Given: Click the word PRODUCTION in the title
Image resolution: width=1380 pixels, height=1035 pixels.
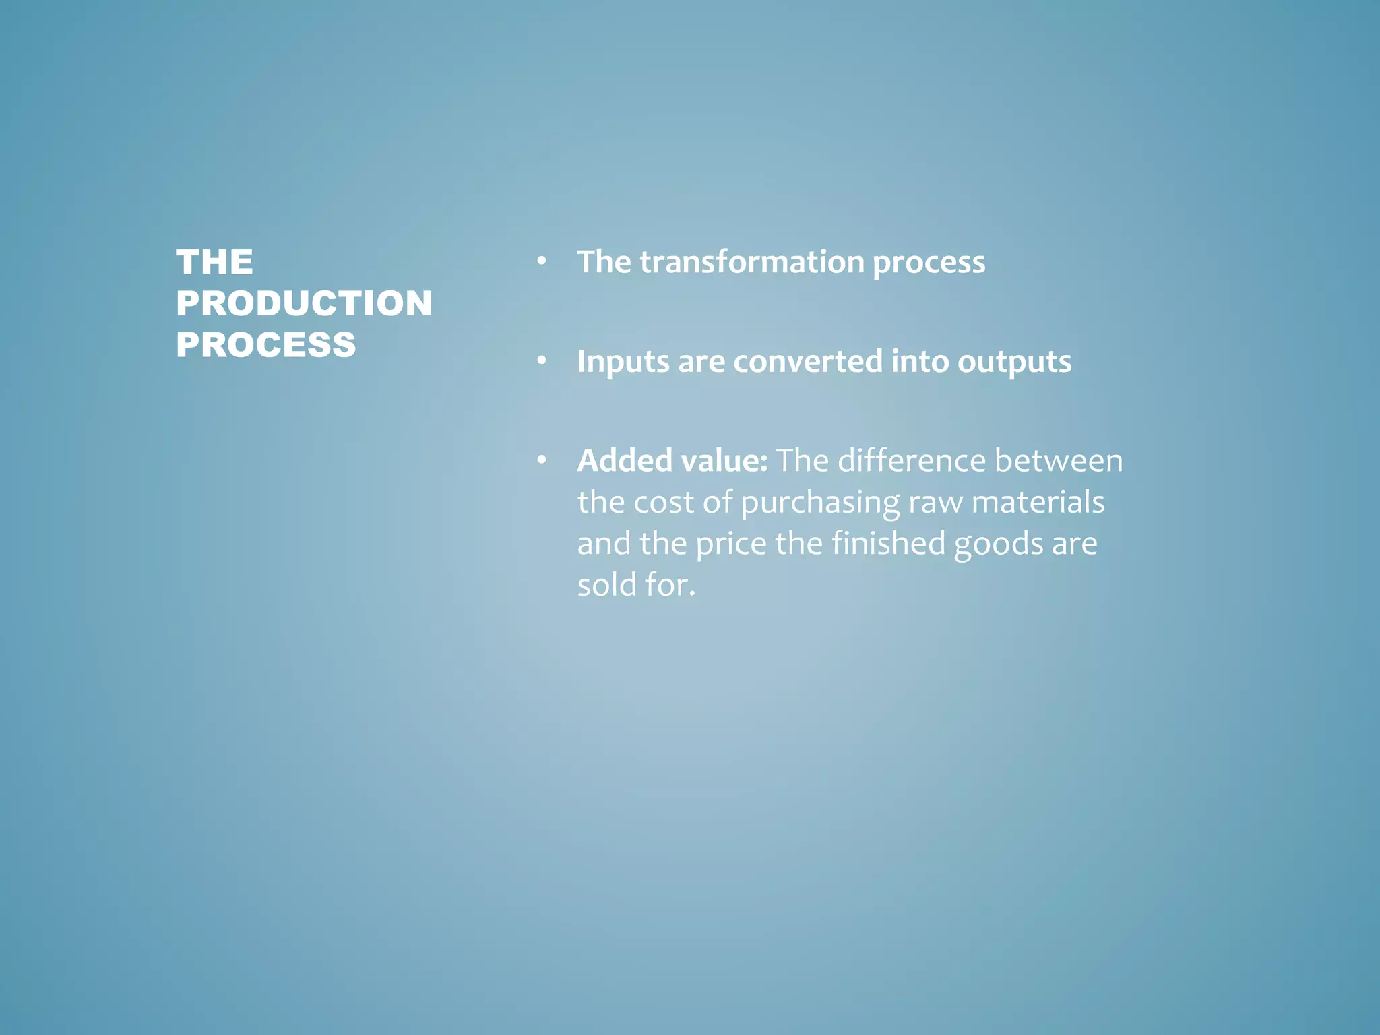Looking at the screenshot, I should (304, 303).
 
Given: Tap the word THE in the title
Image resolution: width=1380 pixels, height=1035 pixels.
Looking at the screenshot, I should (214, 262).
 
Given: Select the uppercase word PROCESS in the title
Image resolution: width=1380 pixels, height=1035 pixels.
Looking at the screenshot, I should (265, 345).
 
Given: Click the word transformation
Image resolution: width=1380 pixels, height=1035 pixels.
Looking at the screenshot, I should (751, 261).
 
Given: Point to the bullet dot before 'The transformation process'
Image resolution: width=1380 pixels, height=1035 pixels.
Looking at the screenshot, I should (541, 261).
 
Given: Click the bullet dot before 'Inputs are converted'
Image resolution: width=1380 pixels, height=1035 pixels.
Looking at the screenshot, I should (541, 360).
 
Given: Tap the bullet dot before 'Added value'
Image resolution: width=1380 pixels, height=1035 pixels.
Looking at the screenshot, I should (541, 460).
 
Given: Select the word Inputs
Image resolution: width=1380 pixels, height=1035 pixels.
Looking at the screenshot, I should (623, 362).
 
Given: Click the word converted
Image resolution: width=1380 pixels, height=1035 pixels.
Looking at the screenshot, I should (807, 361).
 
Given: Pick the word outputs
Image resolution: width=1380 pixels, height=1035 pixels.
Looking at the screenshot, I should (1014, 362).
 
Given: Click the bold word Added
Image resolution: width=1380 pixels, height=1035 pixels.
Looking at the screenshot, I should (625, 461).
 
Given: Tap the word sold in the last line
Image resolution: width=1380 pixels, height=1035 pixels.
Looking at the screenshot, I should (606, 584).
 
